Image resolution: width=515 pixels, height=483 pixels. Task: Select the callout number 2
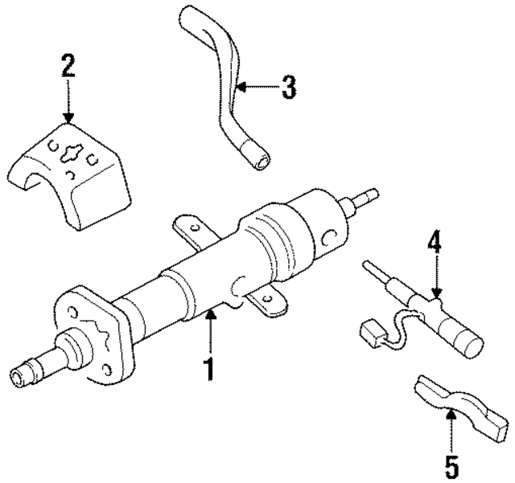68,66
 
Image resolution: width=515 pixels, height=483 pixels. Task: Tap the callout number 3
288,87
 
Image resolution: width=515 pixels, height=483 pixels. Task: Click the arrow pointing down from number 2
68,104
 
